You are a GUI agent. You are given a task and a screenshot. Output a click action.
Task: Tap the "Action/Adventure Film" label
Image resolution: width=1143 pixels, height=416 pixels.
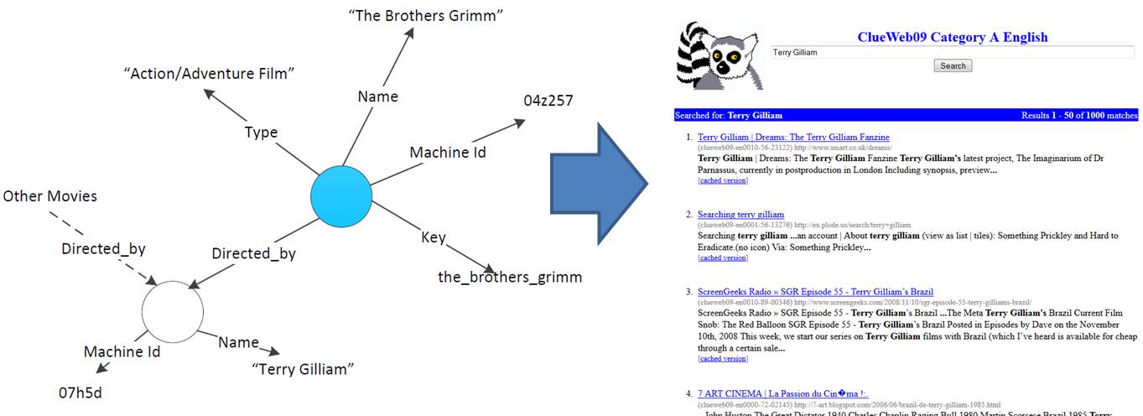[209, 74]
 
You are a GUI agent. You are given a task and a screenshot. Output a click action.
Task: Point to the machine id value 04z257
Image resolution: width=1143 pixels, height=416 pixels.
[548, 101]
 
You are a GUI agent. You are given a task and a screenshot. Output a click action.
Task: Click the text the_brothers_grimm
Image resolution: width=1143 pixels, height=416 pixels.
[510, 277]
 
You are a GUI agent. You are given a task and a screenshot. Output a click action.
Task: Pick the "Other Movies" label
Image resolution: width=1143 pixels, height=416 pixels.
[50, 196]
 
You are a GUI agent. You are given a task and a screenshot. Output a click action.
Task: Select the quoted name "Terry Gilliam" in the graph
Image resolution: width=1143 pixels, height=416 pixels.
[303, 369]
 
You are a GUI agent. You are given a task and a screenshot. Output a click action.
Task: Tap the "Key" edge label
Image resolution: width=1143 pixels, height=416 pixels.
[434, 237]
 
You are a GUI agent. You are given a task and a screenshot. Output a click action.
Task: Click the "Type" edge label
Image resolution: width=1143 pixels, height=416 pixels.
[261, 133]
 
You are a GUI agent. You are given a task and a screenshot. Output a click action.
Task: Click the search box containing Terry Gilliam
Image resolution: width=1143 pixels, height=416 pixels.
[952, 52]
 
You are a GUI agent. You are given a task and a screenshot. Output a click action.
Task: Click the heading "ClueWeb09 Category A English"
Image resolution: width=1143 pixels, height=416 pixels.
[952, 36]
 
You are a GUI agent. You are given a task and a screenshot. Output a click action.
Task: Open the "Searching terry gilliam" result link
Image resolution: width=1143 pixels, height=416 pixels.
[740, 215]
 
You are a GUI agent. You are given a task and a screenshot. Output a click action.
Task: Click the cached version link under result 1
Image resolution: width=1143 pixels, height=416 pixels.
[722, 180]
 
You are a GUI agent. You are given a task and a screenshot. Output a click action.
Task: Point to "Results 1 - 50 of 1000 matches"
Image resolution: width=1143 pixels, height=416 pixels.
[1079, 115]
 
